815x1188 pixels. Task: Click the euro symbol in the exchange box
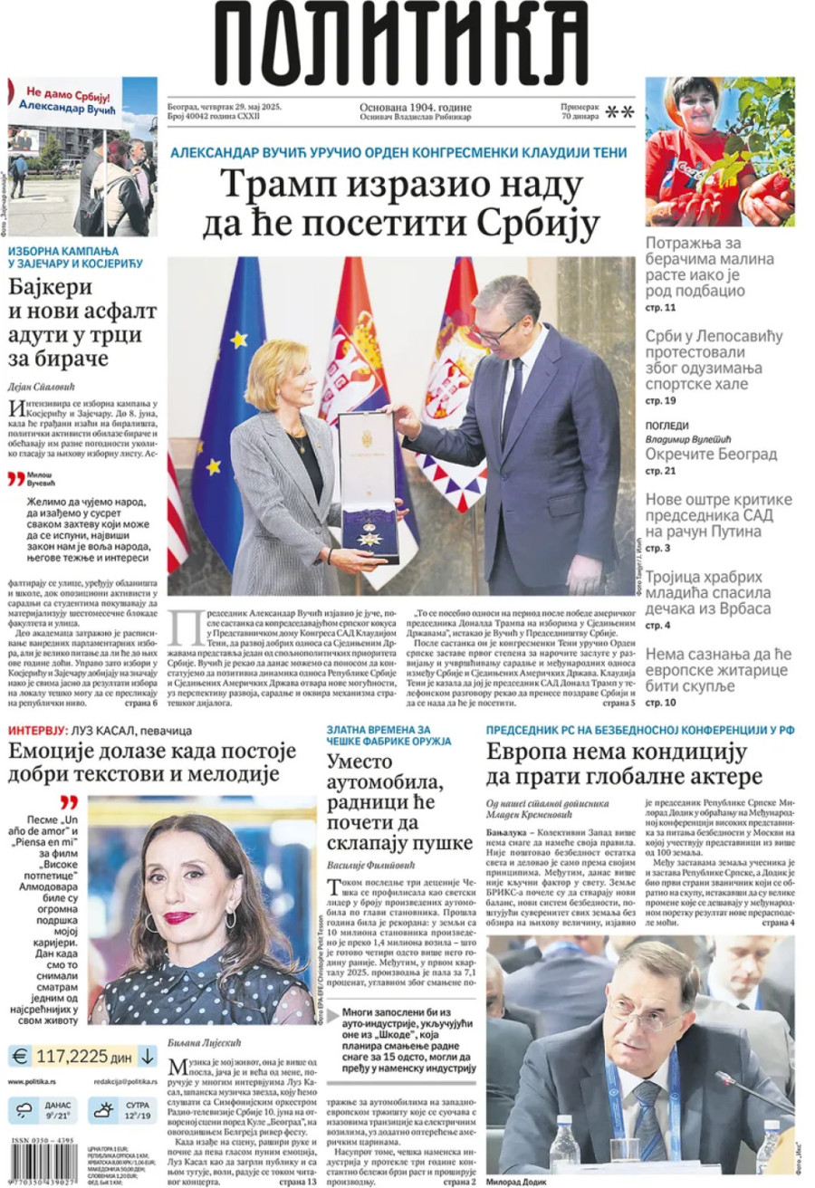[19, 1056]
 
